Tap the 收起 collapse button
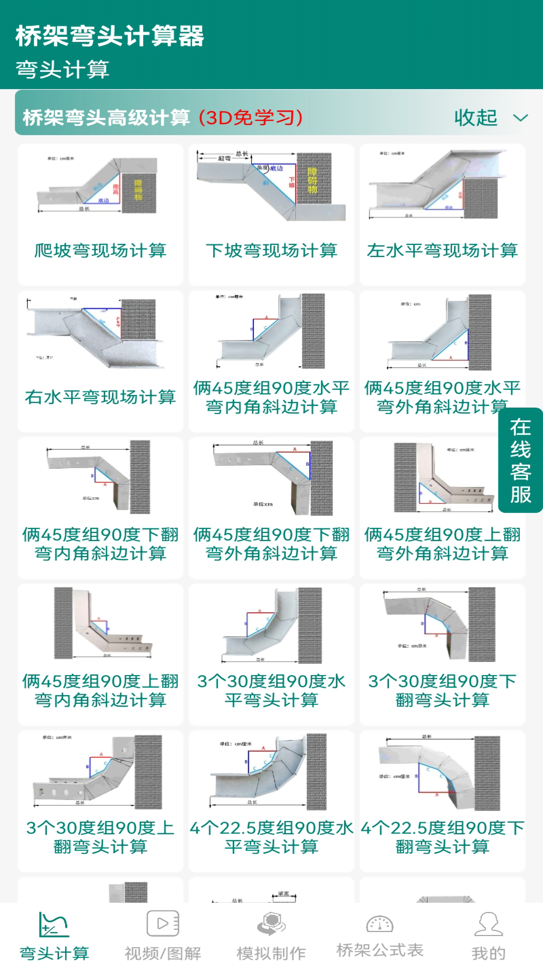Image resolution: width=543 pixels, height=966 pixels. click(490, 118)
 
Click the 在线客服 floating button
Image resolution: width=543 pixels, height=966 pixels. click(520, 460)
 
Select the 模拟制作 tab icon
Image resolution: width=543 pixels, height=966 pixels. click(271, 925)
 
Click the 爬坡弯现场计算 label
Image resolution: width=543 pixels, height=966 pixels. click(100, 251)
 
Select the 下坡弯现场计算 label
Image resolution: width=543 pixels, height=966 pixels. click(271, 251)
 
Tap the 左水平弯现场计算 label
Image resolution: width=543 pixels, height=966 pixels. click(442, 251)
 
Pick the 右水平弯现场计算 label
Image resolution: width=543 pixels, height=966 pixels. click(100, 397)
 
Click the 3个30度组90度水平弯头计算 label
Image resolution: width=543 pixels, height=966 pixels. click(271, 690)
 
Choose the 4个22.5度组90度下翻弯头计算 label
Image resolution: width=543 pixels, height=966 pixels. click(442, 837)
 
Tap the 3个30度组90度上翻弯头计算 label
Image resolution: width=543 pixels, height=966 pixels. click(100, 837)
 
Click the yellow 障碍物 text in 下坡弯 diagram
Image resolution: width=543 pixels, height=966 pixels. click(312, 181)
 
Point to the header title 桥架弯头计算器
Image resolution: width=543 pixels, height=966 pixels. click(110, 36)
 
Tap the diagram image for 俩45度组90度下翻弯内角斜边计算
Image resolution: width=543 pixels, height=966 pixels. click(100, 477)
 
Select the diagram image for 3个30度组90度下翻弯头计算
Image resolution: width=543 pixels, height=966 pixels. click(442, 624)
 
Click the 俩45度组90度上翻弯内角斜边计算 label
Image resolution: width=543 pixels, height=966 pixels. click(100, 690)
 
